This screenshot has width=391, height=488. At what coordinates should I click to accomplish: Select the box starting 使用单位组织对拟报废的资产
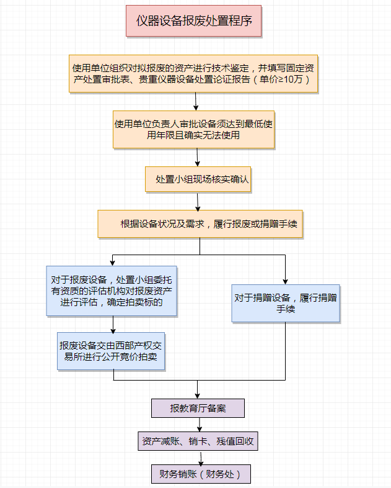tap(193, 74)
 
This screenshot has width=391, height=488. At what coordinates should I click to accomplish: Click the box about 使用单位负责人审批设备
tap(193, 129)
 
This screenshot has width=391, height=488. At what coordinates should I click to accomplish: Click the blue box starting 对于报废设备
tap(112, 291)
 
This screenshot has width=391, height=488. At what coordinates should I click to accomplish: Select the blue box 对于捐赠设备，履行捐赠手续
tap(286, 303)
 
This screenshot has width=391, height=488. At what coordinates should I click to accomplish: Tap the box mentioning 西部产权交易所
tap(112, 351)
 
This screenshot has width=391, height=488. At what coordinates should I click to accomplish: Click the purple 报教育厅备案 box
tap(198, 408)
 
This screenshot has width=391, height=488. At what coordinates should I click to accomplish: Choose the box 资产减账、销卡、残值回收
tap(198, 441)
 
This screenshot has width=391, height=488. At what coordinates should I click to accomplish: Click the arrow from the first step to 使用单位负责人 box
tap(196, 101)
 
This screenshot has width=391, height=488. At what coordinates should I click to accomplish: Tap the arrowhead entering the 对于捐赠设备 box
tap(286, 281)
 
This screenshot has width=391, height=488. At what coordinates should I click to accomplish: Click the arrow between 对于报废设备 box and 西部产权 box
tap(113, 324)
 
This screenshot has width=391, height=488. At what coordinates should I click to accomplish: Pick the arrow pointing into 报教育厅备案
tap(198, 391)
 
